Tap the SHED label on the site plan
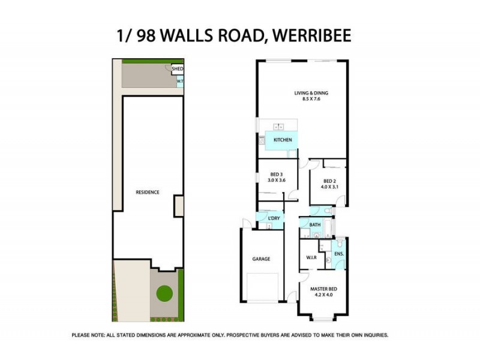(178, 70)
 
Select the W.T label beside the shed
(180, 82)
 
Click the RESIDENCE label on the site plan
(148, 192)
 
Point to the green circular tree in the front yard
(164, 294)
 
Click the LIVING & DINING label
(311, 93)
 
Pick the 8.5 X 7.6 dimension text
(311, 100)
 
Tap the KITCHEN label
(283, 140)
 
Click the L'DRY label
(274, 218)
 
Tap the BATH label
(315, 225)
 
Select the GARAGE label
(261, 259)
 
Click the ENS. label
(338, 254)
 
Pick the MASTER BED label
(323, 289)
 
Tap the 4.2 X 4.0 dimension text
(323, 295)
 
